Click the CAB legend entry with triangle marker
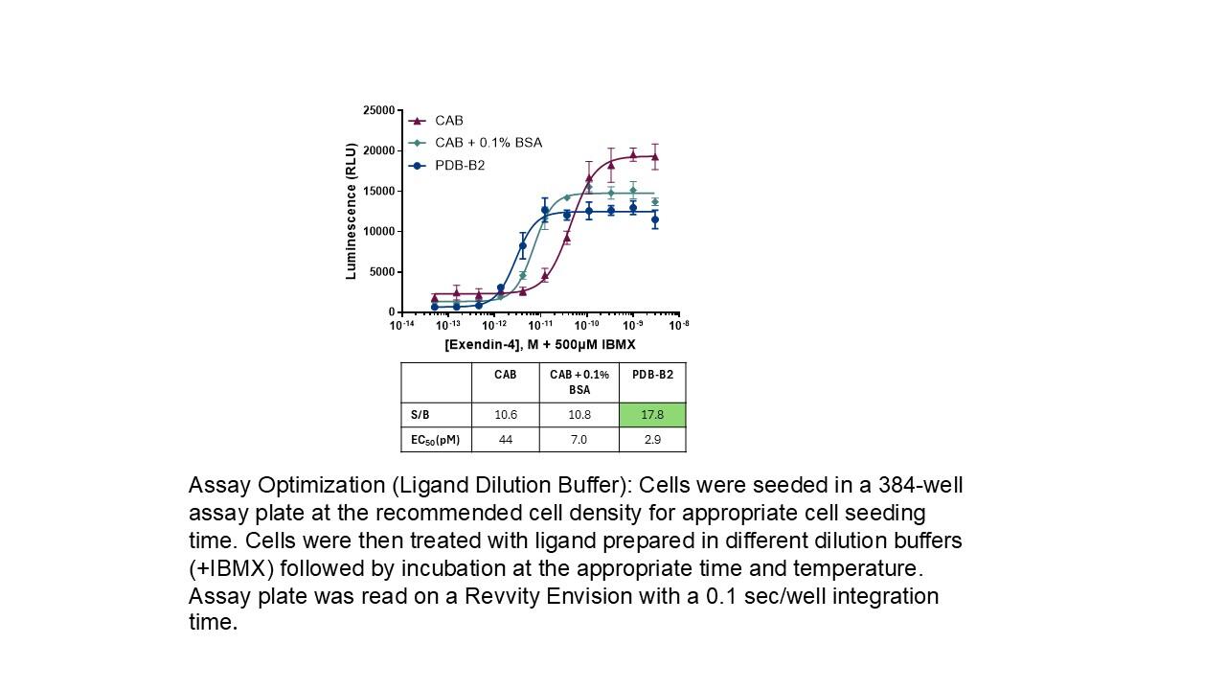point(448,121)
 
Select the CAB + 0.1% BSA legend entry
point(488,143)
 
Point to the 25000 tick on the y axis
point(378,111)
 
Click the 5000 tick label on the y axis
point(381,272)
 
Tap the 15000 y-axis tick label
point(378,192)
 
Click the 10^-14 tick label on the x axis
point(402,325)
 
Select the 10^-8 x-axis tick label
point(678,325)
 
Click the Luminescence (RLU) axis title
point(351,212)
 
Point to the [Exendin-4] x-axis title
point(540,344)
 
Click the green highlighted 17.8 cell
point(652,415)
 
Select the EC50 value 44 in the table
point(506,440)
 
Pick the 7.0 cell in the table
point(579,440)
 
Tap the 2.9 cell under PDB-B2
point(652,440)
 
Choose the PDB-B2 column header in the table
point(652,375)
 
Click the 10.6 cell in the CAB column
point(506,415)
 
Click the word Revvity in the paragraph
point(498,596)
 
